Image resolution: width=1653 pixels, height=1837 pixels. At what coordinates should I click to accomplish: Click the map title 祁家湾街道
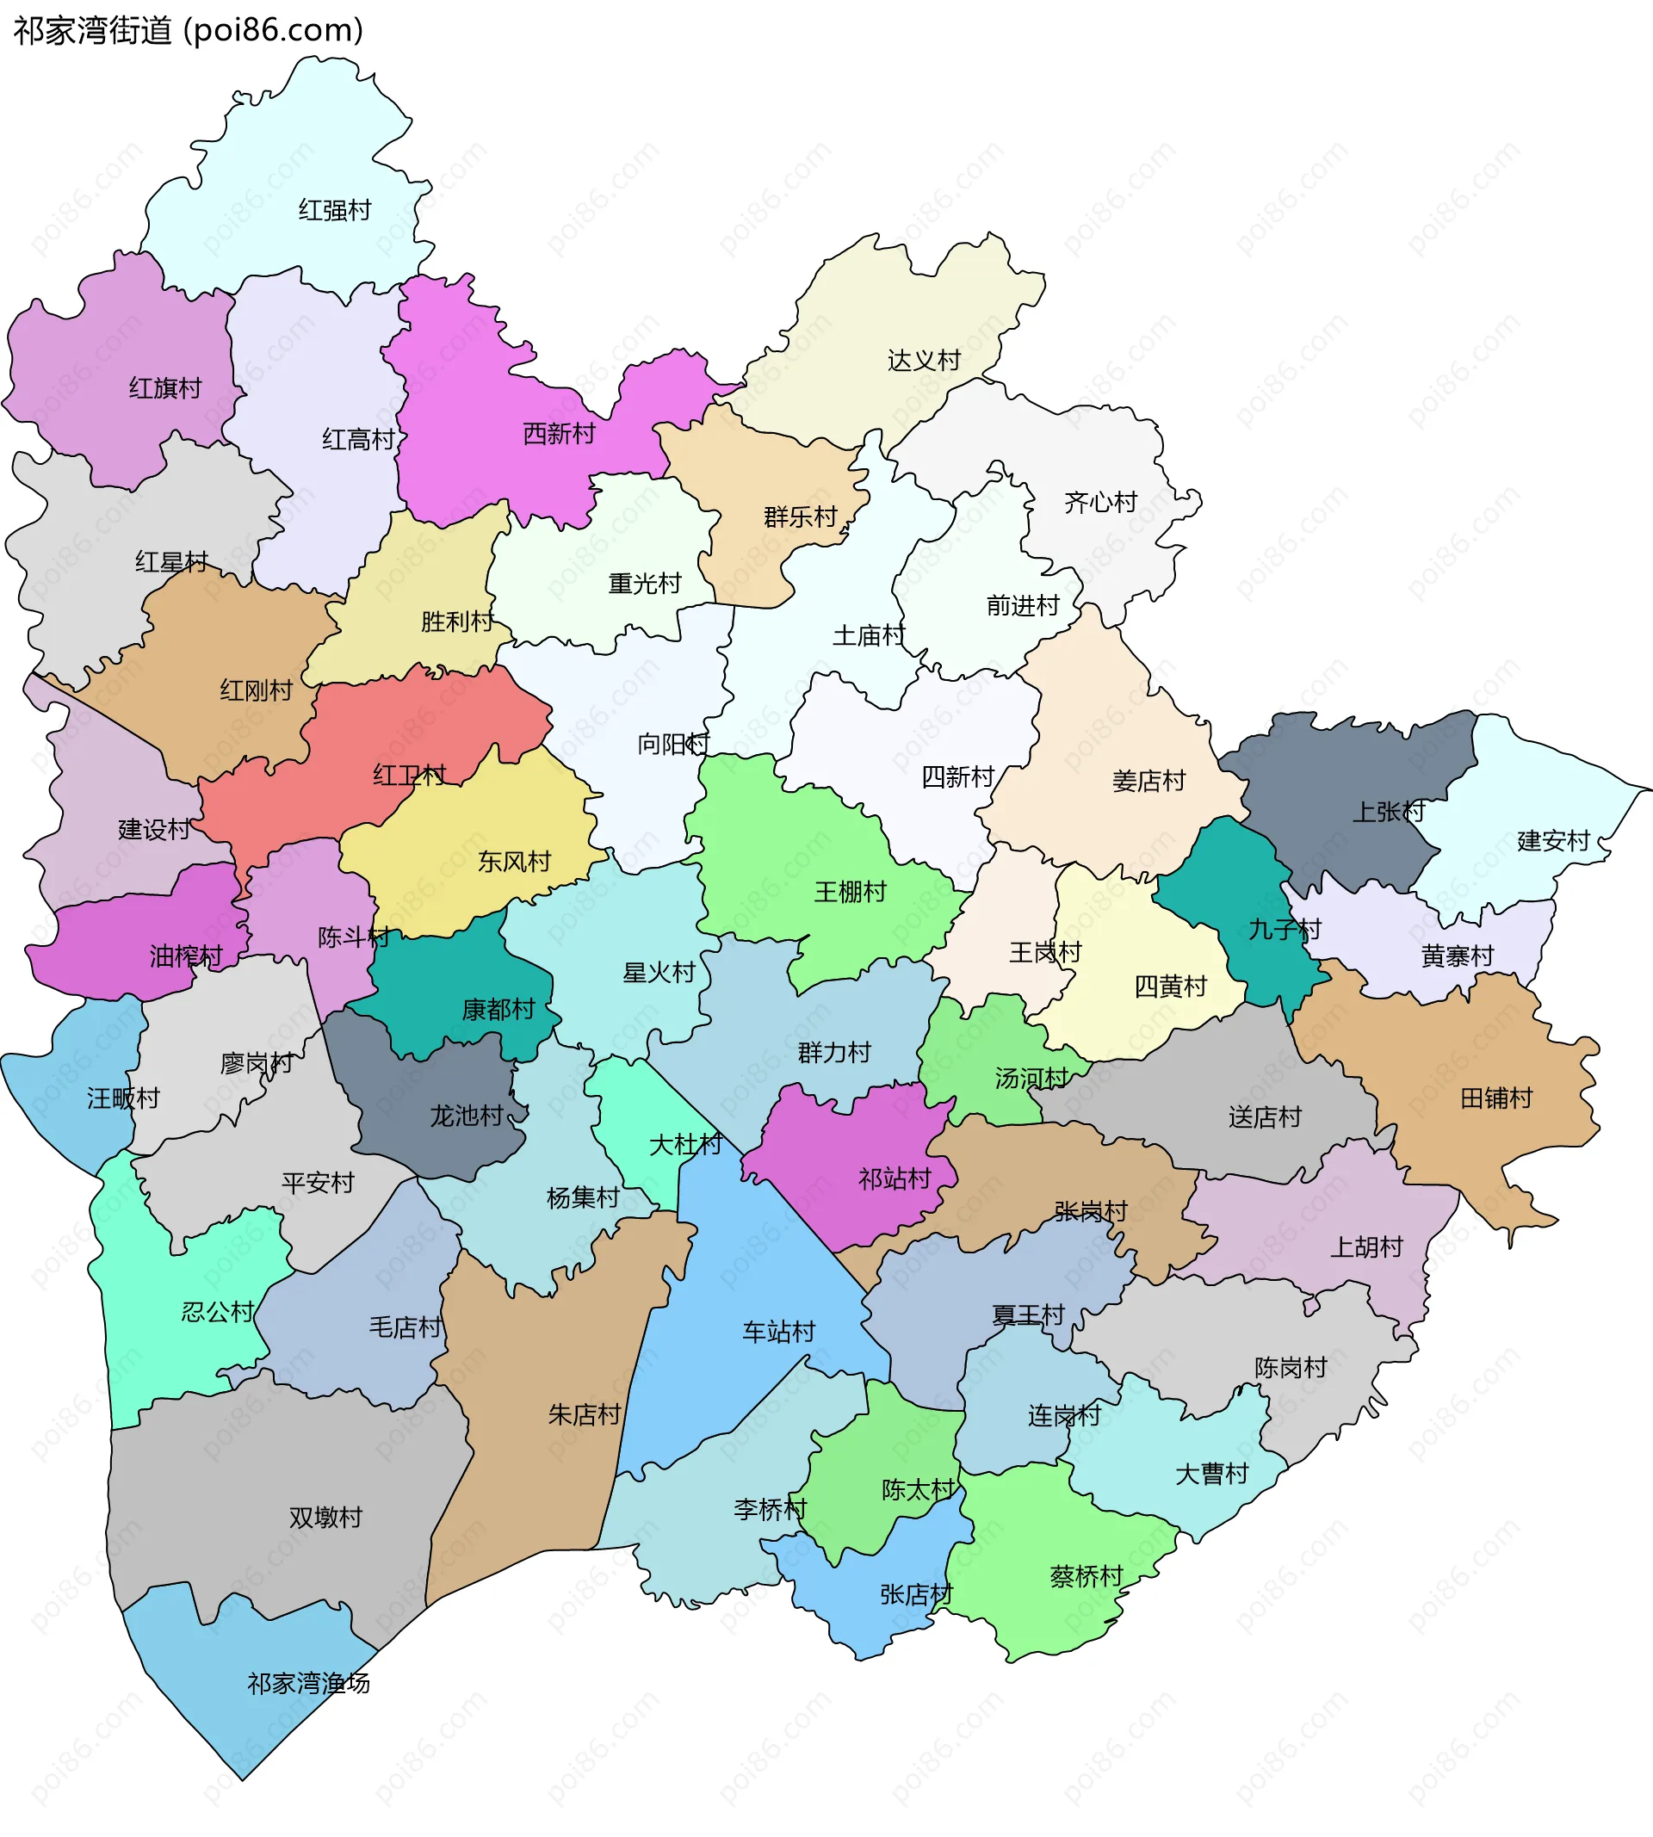(93, 30)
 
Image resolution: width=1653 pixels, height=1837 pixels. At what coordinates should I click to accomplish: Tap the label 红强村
(335, 211)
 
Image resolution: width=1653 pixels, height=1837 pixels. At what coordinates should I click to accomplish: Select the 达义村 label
(924, 361)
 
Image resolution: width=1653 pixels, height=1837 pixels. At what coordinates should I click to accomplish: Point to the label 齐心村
(1101, 502)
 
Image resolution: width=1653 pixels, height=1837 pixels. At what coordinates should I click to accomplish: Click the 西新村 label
(559, 434)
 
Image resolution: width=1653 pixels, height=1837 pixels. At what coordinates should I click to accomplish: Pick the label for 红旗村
(164, 388)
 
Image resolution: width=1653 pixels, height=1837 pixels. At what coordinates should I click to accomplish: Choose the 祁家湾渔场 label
(309, 1684)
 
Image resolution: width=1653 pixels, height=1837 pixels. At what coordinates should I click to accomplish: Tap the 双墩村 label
(325, 1518)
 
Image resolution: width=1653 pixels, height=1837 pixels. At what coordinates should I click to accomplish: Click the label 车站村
(778, 1332)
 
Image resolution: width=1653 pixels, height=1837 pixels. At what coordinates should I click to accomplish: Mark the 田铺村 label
(1495, 1098)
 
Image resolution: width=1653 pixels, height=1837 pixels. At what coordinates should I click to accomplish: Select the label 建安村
(1553, 841)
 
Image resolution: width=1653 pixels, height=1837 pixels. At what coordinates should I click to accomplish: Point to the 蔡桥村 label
(1087, 1576)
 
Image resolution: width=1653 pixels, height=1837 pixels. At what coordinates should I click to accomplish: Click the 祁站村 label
(895, 1179)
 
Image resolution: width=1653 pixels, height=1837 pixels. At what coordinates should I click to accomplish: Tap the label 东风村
(514, 862)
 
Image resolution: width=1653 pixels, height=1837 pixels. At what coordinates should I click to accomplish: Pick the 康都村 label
(498, 1010)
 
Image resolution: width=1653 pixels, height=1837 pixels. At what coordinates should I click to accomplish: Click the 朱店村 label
(584, 1414)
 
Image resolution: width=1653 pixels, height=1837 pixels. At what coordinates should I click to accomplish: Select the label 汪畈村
(122, 1098)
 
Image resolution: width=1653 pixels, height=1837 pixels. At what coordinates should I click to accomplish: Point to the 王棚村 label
(849, 893)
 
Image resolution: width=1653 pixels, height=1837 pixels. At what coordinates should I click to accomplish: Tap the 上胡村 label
(1366, 1247)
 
